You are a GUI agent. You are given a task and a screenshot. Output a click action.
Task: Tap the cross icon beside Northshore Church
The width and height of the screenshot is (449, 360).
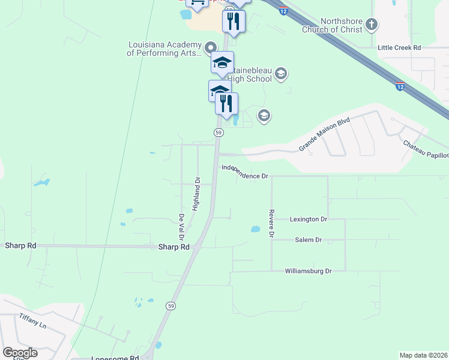[372, 25]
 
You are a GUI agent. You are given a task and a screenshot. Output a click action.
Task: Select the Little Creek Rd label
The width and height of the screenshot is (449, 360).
[399, 47]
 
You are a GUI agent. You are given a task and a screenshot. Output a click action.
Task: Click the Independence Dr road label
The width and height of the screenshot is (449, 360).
[244, 172]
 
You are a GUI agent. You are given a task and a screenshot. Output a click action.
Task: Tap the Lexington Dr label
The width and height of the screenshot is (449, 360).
[309, 220]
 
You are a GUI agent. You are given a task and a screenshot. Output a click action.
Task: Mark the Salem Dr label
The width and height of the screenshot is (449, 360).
[309, 240]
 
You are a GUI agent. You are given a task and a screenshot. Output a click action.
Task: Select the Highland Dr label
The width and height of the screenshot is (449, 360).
[196, 193]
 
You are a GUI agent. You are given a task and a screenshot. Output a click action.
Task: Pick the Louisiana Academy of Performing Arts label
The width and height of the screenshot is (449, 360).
[164, 49]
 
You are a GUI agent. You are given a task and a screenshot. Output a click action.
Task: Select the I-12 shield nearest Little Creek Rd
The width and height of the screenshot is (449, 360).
[400, 87]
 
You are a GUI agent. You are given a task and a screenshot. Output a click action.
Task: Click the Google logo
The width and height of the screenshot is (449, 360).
[20, 353]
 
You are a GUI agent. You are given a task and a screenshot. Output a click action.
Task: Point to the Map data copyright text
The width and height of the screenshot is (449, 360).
[423, 355]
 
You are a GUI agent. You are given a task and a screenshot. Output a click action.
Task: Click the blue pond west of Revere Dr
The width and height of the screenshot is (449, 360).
[255, 229]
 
